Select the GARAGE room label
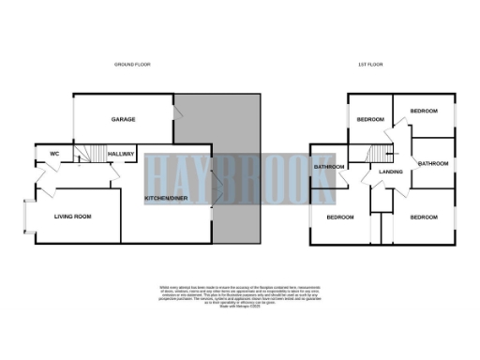pyautogui.click(x=124, y=121)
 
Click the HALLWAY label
pyautogui.click(x=121, y=155)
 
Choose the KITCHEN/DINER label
pyautogui.click(x=165, y=199)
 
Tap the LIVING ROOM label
pyautogui.click(x=72, y=217)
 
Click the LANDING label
pyautogui.click(x=390, y=172)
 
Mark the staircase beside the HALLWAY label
pyautogui.click(x=91, y=154)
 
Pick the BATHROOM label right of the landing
pyautogui.click(x=433, y=164)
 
